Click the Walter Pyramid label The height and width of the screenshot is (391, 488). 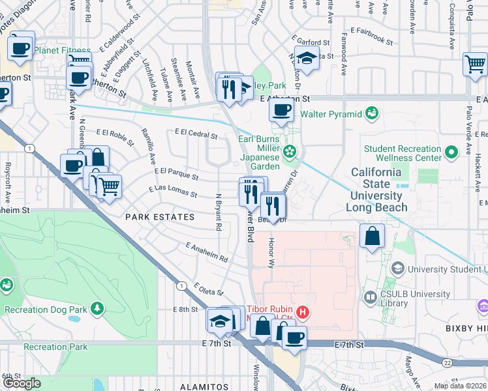330,115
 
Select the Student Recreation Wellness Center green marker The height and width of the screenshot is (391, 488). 451,153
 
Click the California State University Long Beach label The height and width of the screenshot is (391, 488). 376,190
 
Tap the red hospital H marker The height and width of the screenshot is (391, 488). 302,313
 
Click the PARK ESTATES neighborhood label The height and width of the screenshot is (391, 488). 160,216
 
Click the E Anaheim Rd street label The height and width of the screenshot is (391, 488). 206,253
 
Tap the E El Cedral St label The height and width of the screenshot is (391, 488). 196,133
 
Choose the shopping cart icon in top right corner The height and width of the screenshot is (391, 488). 474,64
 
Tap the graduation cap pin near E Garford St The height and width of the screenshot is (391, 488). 307,57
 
